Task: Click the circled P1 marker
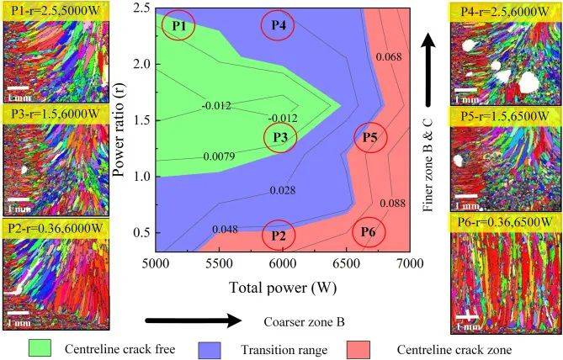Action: click(x=178, y=26)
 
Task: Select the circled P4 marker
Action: click(x=279, y=26)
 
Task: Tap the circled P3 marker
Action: click(x=280, y=138)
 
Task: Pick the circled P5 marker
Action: click(x=369, y=139)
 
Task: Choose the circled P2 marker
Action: click(x=279, y=236)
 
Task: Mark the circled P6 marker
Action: click(x=369, y=231)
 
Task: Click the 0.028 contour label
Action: click(x=282, y=191)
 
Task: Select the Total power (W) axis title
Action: click(x=281, y=286)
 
